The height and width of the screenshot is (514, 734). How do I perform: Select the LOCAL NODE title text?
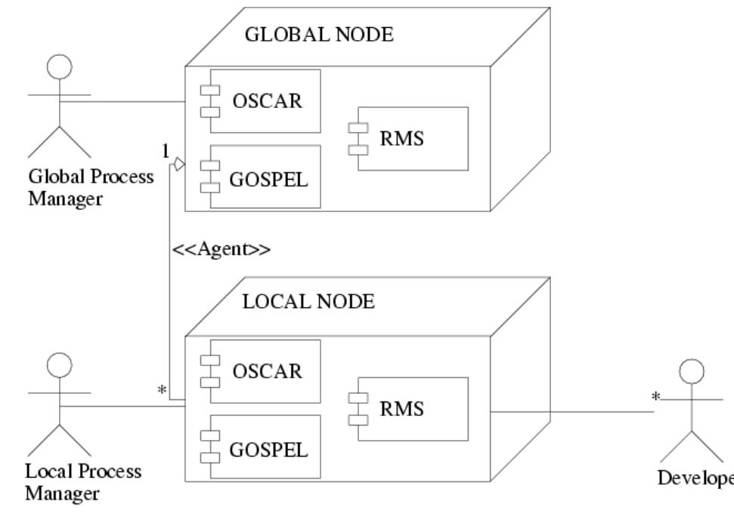click(308, 303)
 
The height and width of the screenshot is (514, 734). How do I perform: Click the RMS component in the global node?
click(412, 138)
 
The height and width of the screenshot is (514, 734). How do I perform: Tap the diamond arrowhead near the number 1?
click(179, 163)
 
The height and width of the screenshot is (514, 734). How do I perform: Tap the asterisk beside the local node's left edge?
click(161, 391)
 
